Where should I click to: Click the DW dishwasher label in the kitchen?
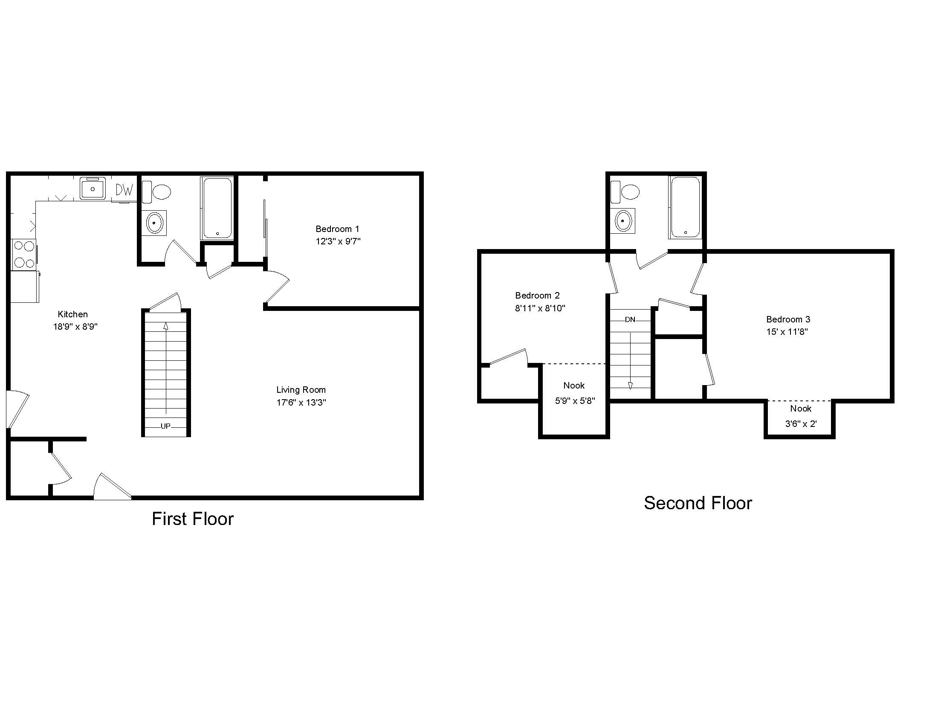[124, 189]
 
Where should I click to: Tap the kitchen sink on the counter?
[93, 188]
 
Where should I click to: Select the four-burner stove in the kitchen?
[24, 254]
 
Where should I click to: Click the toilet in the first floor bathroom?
[156, 191]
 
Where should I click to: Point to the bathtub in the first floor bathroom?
[217, 208]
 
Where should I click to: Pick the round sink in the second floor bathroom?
[623, 221]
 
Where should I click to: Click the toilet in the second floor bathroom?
[625, 191]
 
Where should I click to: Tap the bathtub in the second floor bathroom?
[686, 207]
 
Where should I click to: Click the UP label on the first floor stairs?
[165, 426]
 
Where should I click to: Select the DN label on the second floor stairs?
[630, 319]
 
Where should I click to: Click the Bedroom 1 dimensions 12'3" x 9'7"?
[338, 241]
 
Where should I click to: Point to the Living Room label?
[301, 390]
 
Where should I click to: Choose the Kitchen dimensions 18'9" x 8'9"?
[75, 327]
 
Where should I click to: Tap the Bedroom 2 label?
[537, 296]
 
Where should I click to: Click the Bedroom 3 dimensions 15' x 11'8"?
[787, 331]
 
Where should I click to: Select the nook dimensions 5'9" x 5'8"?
[575, 401]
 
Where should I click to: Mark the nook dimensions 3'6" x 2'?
[801, 424]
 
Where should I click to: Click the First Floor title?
[193, 519]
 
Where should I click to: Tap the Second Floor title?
[698, 503]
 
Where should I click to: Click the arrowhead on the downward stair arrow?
[630, 386]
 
